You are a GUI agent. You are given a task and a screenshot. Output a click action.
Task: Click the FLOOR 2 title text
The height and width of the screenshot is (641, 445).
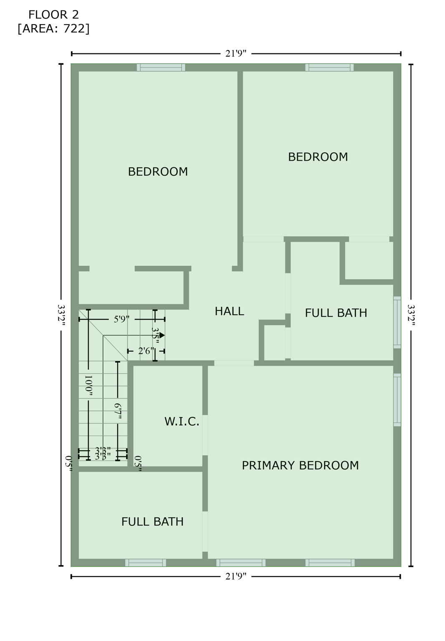pos(53,15)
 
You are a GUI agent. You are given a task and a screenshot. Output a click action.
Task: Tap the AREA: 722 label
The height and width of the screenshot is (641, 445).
pos(53,28)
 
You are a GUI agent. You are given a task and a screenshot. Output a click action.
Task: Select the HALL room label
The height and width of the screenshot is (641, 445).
pos(229,311)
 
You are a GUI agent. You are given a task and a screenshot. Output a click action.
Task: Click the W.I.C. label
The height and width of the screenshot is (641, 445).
pos(182,421)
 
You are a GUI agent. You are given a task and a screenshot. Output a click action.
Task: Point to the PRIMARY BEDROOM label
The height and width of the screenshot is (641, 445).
pos(300,465)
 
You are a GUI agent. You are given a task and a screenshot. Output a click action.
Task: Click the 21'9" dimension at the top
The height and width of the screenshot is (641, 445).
pos(236,53)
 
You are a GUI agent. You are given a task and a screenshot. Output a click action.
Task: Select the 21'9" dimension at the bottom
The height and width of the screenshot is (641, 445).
pos(236,576)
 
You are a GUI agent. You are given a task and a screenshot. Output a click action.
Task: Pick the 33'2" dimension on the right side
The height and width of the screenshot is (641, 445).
pos(411,315)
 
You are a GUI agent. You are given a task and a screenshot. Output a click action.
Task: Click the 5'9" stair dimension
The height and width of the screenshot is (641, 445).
pos(121,319)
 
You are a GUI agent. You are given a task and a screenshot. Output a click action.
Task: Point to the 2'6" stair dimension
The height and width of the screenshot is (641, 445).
pos(146,351)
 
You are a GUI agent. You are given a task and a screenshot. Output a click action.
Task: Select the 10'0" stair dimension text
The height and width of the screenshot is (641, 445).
pos(88,385)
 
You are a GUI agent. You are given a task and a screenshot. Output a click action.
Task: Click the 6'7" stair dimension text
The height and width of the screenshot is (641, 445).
pos(118,411)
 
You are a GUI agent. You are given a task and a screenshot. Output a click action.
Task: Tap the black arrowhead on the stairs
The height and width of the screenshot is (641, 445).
pos(162,335)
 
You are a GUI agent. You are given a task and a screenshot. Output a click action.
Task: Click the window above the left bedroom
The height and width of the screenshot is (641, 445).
pos(161,68)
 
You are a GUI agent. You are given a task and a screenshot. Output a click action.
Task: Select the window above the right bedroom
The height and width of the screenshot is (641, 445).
pos(329,68)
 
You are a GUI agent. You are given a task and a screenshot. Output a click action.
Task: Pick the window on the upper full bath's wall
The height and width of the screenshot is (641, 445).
pos(397,322)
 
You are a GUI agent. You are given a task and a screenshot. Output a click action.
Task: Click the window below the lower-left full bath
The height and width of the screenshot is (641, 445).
pos(145,563)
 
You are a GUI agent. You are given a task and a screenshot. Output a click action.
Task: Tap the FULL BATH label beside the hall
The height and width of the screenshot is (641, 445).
pos(336,313)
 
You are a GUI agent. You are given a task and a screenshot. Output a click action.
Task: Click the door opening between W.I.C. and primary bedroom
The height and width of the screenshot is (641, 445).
pos(205,435)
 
